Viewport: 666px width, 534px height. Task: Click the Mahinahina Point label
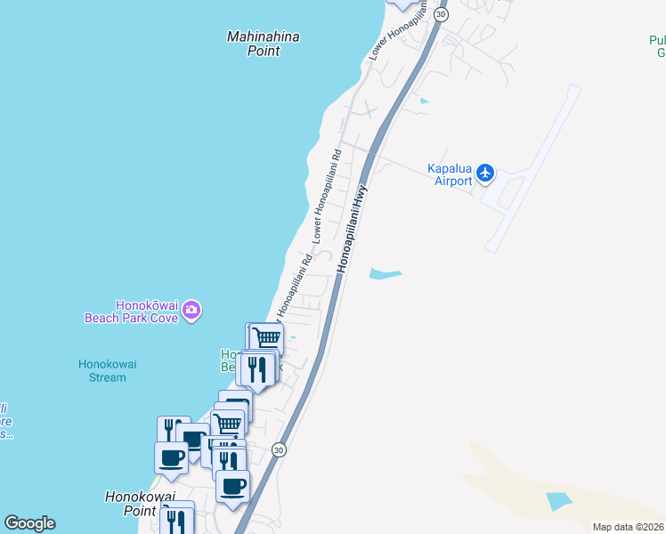click(263, 44)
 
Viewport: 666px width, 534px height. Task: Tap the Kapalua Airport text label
click(450, 174)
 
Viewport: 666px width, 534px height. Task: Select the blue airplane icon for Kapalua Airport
click(485, 172)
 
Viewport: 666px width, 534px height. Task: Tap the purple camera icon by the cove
click(191, 311)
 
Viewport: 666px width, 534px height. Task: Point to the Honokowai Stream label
click(102, 370)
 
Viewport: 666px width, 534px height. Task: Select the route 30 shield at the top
click(441, 15)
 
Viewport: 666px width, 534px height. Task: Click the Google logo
click(29, 523)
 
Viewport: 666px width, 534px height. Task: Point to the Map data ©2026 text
click(628, 527)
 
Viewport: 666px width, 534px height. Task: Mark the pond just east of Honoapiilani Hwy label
click(385, 274)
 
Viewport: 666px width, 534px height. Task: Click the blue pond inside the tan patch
click(558, 500)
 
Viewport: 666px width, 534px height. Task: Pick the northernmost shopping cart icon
click(266, 338)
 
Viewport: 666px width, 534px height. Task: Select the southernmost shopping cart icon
click(229, 425)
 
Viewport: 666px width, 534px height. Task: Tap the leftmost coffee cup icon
click(171, 457)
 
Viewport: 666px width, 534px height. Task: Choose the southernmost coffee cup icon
click(233, 486)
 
